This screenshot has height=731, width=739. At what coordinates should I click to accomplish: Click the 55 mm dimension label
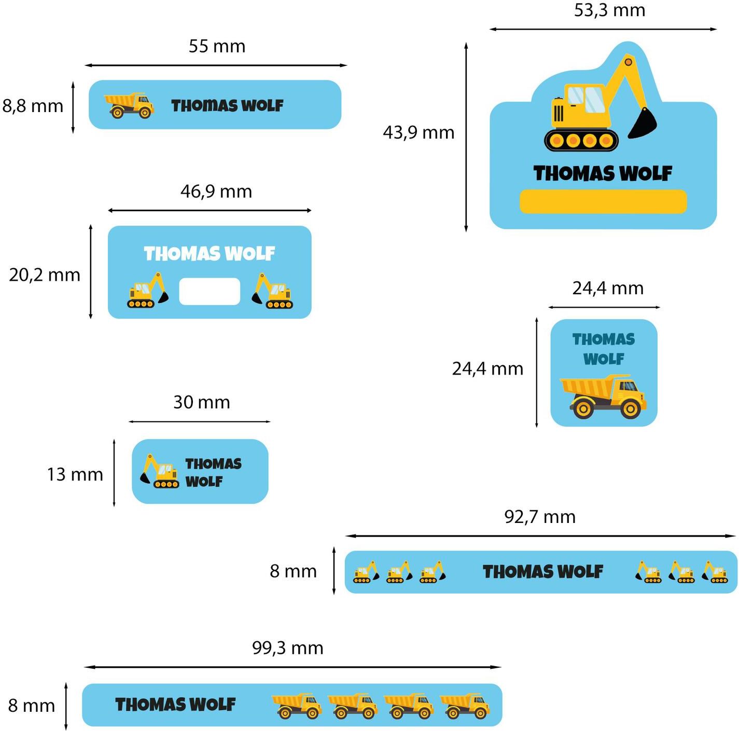pyautogui.click(x=217, y=46)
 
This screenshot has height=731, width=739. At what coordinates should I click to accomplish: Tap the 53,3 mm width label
pyautogui.click(x=609, y=10)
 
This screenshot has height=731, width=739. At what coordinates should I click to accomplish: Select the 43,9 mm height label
pyautogui.click(x=419, y=133)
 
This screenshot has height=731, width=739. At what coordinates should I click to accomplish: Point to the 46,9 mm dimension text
pyautogui.click(x=216, y=191)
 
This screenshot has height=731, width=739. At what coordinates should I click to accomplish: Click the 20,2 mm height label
pyautogui.click(x=45, y=275)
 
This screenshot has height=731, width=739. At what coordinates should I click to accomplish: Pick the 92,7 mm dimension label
pyautogui.click(x=540, y=517)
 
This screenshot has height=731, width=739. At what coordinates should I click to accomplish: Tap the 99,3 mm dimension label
pyautogui.click(x=288, y=648)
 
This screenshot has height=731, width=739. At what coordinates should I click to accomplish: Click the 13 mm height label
pyautogui.click(x=75, y=474)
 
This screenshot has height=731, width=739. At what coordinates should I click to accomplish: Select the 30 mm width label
pyautogui.click(x=201, y=402)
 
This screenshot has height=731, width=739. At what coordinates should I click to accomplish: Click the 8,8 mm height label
pyautogui.click(x=33, y=106)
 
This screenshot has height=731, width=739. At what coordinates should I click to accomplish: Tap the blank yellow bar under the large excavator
pyautogui.click(x=603, y=201)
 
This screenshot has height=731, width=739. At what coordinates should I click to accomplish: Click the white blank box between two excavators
pyautogui.click(x=210, y=292)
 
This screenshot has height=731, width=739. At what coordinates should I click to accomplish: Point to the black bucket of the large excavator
pyautogui.click(x=643, y=123)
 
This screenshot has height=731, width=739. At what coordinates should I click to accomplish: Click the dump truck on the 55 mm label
pyautogui.click(x=129, y=105)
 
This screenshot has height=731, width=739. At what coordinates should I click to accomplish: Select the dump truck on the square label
pyautogui.click(x=603, y=396)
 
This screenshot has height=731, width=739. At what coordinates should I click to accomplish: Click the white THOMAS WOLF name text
pyautogui.click(x=210, y=254)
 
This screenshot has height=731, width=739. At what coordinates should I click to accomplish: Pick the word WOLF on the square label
pyautogui.click(x=604, y=359)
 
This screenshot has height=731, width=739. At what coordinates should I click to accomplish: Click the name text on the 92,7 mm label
pyautogui.click(x=543, y=572)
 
